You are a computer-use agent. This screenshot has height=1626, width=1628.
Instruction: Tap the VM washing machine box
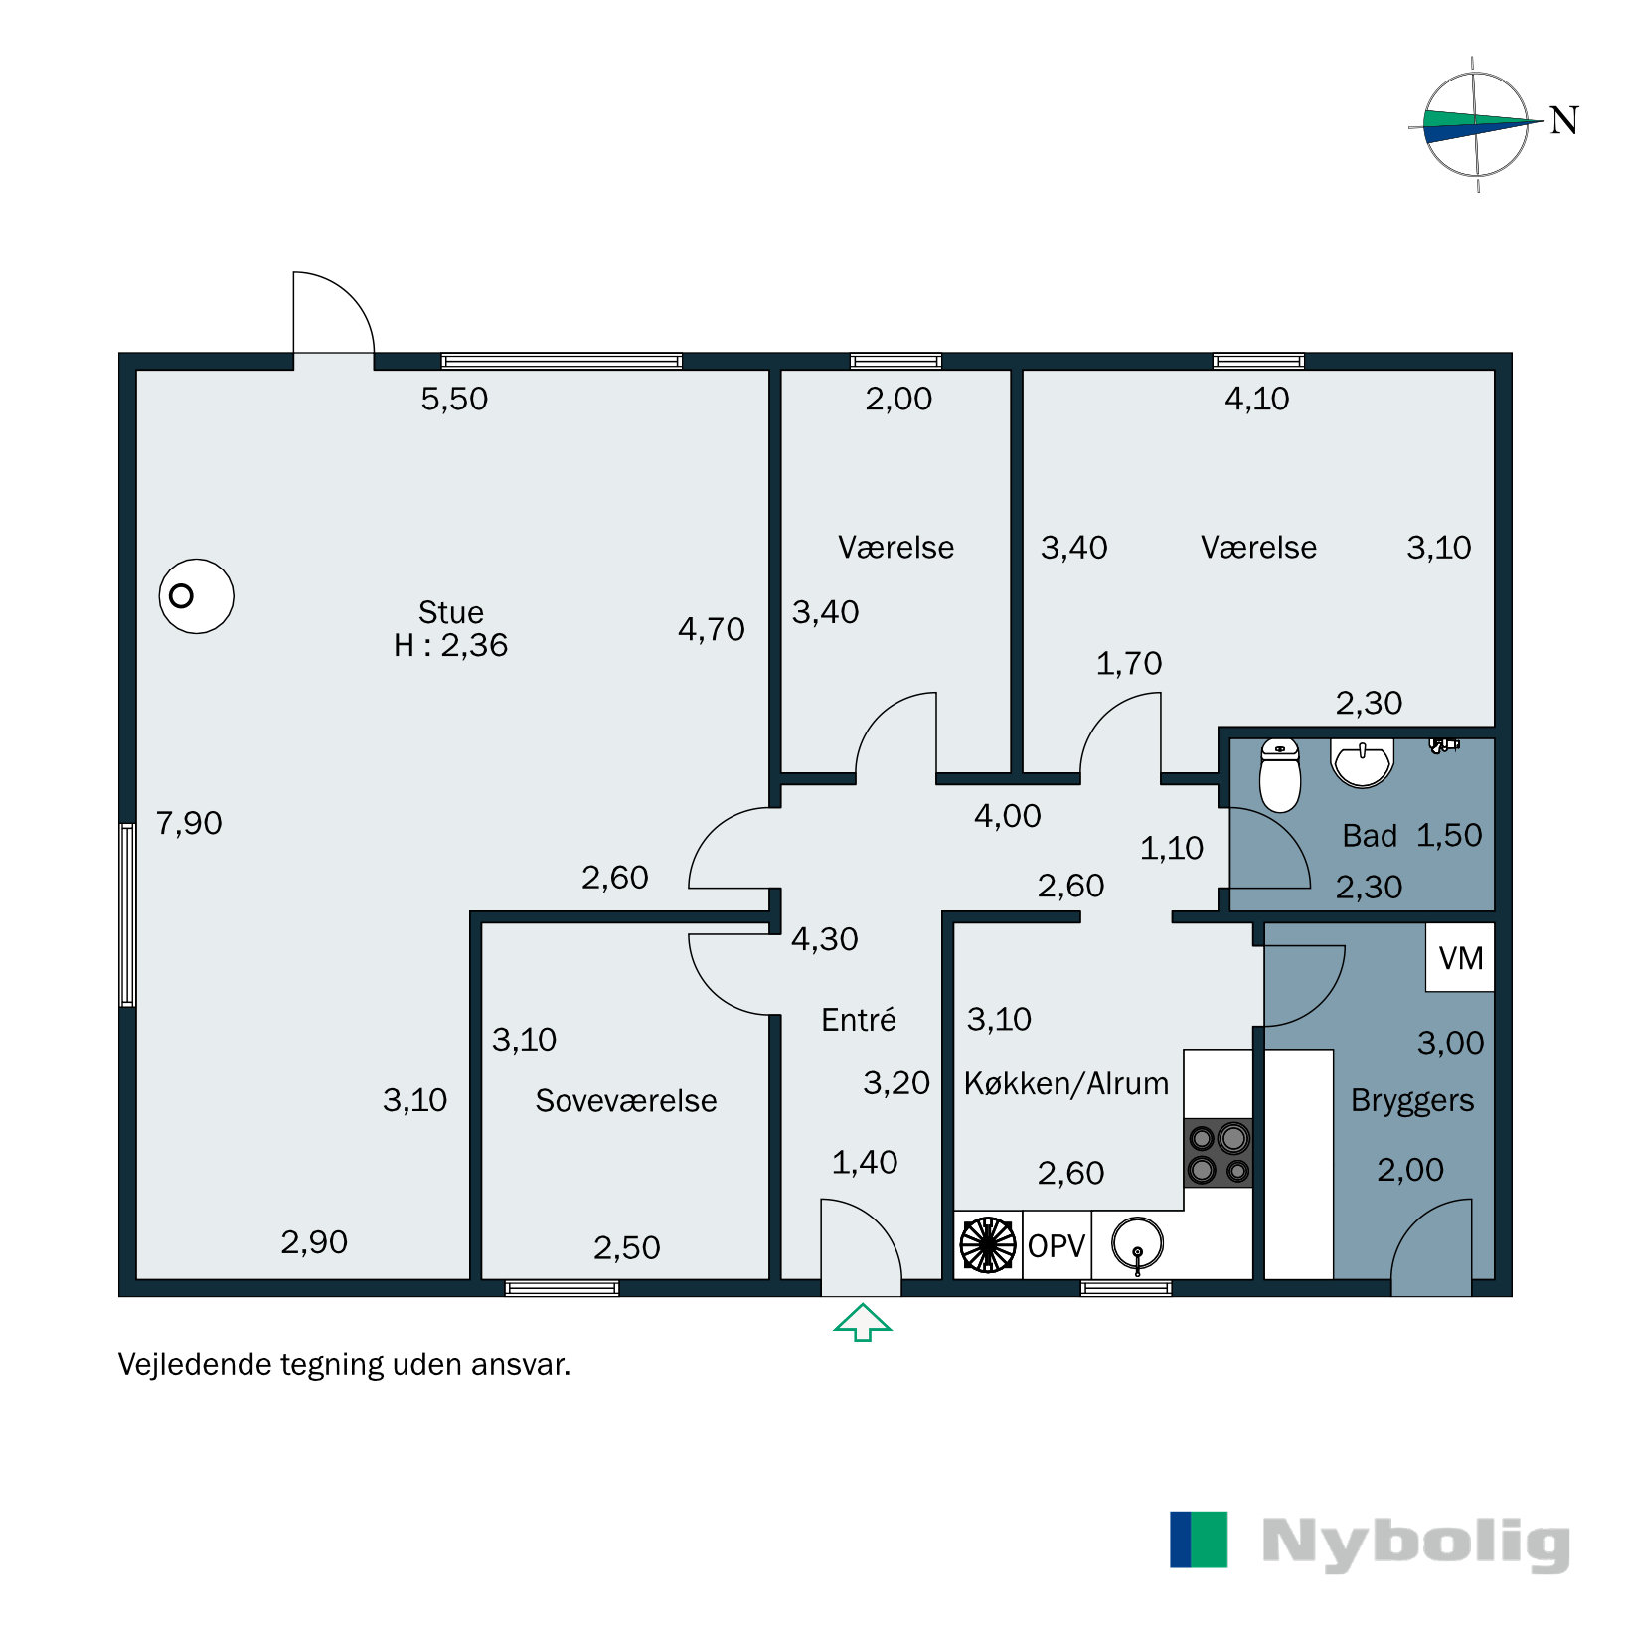(1460, 958)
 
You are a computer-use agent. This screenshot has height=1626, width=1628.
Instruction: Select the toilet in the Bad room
(1279, 776)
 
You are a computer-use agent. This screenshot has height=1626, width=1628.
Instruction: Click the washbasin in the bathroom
(1362, 763)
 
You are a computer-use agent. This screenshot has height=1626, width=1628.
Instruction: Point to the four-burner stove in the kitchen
(1219, 1153)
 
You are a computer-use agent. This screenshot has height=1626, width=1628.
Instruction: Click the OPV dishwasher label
(1057, 1245)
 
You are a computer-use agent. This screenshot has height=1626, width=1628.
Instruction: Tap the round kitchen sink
(1137, 1244)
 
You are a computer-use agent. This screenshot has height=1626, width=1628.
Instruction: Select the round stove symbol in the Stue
(196, 596)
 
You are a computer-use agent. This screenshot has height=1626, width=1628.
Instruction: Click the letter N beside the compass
(1564, 121)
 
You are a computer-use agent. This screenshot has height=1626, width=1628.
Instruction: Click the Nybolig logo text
(1415, 1543)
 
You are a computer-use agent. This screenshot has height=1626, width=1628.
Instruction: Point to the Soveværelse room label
(625, 1101)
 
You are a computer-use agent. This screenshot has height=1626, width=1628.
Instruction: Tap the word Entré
(859, 1020)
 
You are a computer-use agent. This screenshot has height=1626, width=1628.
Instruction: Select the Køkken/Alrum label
(1066, 1083)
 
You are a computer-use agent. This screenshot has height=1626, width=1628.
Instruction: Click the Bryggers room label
(1412, 1101)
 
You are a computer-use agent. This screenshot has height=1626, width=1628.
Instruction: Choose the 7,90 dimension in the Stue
(189, 823)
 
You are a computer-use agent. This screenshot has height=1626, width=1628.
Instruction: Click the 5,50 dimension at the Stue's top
(454, 399)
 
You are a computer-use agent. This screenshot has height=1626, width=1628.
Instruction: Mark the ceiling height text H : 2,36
(450, 646)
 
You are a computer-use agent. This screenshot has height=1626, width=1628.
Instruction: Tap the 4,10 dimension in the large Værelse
(1256, 399)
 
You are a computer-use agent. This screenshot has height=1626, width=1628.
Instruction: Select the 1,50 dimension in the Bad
(1448, 836)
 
